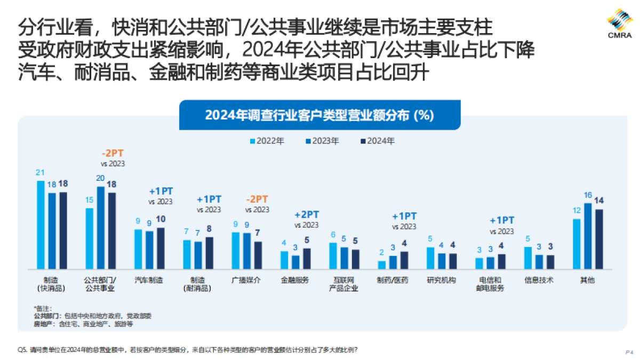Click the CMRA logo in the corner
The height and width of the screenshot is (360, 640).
pyautogui.click(x=619, y=24)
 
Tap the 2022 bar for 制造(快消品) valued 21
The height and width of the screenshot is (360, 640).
pyautogui.click(x=41, y=224)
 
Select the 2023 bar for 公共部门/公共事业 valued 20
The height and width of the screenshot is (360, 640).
pyautogui.click(x=101, y=227)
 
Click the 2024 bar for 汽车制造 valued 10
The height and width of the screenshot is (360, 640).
pyautogui.click(x=161, y=248)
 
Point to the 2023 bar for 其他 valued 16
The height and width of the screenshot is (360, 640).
pyautogui.click(x=588, y=235)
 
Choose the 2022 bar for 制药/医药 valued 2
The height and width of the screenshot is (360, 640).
pyautogui.click(x=382, y=265)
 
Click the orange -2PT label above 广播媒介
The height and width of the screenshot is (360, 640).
pyautogui.click(x=258, y=199)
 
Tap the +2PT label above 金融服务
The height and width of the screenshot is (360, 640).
pyautogui.click(x=307, y=214)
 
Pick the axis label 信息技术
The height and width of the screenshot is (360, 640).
pyautogui.click(x=539, y=280)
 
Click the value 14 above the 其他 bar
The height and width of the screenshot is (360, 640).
pyautogui.click(x=599, y=201)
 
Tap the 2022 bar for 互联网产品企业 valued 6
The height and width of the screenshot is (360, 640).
pyautogui.click(x=333, y=255)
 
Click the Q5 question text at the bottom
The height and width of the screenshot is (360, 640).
pyautogui.click(x=187, y=350)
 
